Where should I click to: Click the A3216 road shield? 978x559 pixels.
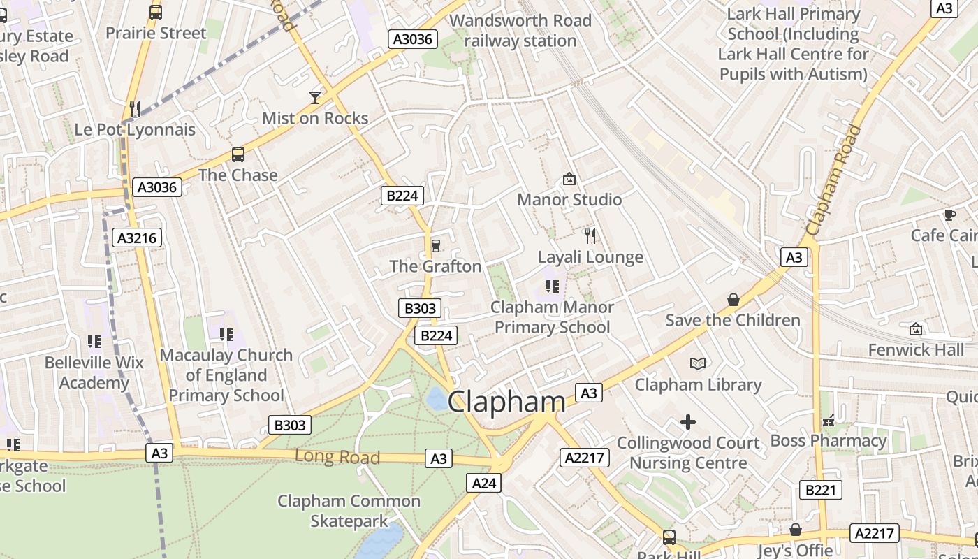(137, 238)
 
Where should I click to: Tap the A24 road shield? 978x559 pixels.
(483, 483)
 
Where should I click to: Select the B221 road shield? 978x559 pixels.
(820, 490)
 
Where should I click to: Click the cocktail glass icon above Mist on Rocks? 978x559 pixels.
(315, 97)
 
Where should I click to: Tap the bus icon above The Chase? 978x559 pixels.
(238, 154)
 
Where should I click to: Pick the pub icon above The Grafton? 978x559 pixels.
(436, 245)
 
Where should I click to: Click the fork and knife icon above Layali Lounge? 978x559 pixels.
(590, 235)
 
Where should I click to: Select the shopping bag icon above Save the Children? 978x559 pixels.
(733, 300)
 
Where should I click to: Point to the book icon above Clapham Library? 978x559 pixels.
(697, 363)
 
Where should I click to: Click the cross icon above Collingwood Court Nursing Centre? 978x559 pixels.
(688, 422)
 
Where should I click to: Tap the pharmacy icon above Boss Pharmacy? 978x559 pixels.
(829, 421)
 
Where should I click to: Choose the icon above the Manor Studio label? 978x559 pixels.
(569, 179)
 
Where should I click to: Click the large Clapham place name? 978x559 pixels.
(506, 402)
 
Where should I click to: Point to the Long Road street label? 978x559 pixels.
(337, 457)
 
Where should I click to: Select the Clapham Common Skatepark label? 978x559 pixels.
(349, 511)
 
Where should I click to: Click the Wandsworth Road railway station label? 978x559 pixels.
(520, 31)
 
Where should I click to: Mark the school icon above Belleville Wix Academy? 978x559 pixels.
(94, 342)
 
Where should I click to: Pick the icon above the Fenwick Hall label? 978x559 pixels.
(915, 328)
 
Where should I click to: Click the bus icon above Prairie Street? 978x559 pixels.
(156, 12)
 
